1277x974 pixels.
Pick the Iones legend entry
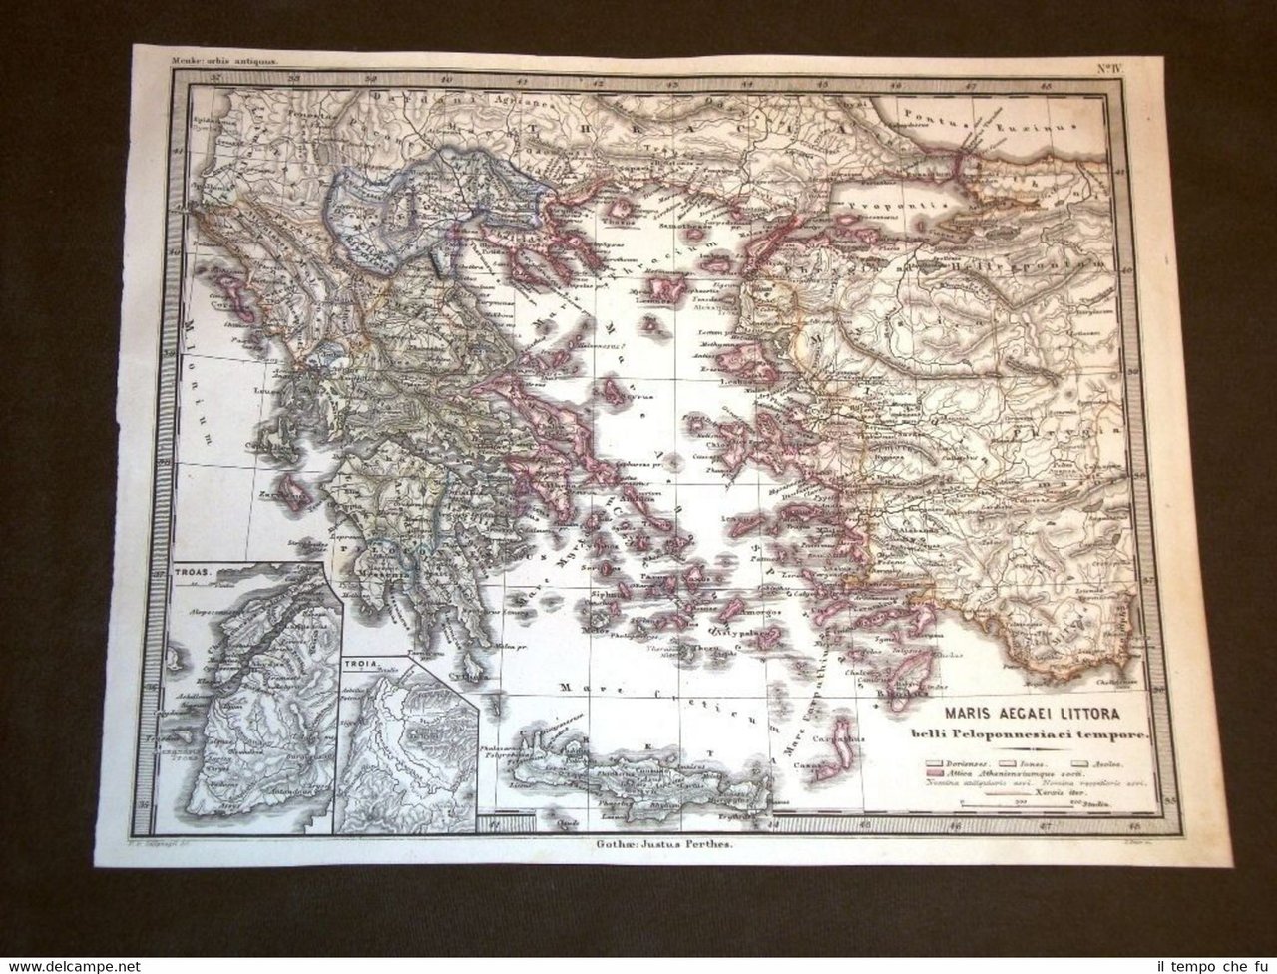pos(1038,760)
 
